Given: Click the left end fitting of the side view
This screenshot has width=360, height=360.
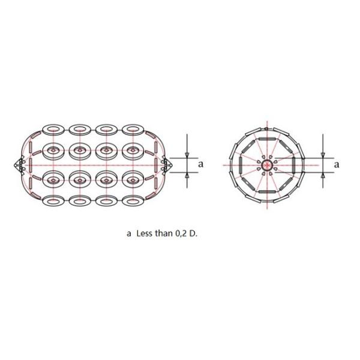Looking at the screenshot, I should (18, 163).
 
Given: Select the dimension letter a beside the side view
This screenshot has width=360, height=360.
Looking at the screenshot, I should (201, 163).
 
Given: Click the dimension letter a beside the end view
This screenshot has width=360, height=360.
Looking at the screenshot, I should (336, 163).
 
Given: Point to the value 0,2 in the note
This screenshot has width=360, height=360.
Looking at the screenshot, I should (180, 234).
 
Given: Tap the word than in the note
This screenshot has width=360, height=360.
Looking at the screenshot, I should (164, 234).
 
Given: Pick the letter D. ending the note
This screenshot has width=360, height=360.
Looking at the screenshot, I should (193, 234).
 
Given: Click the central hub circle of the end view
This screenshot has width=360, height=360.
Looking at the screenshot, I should (267, 163).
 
